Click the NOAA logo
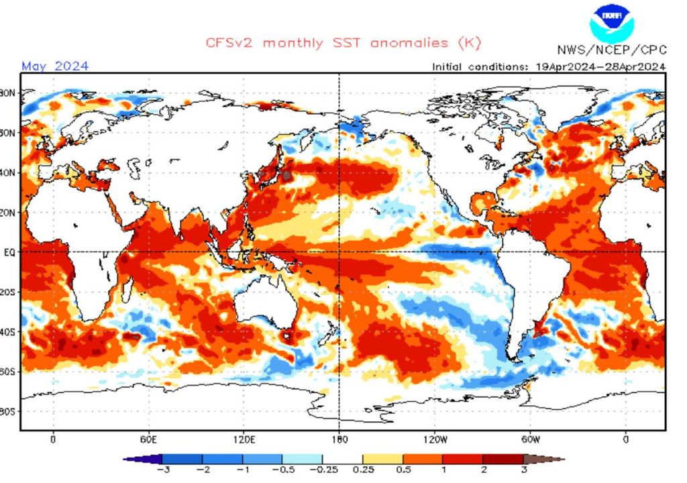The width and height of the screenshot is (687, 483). pos(611,21)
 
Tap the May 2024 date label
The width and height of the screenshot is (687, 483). pos(55,66)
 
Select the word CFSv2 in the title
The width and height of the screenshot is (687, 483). pos(229,43)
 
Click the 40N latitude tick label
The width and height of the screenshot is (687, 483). pos(9,172)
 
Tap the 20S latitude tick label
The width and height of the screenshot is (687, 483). pos(9,292)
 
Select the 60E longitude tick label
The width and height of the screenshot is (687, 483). pos(148,440)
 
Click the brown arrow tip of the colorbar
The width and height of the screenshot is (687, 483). pos(554,460)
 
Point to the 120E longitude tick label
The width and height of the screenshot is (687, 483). pos(244,440)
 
